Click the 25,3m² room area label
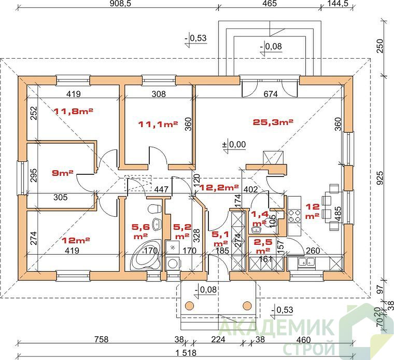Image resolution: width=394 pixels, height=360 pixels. (x=273, y=122)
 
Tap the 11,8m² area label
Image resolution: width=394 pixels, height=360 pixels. (x=74, y=111)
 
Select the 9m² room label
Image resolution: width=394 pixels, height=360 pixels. (x=63, y=173)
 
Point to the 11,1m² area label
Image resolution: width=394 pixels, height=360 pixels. (x=158, y=123)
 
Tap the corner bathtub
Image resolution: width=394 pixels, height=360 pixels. (x=146, y=254)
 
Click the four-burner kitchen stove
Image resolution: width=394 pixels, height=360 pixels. (x=294, y=216)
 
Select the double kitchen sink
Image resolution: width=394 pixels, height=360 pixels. (x=306, y=262)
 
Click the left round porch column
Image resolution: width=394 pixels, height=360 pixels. (x=189, y=306)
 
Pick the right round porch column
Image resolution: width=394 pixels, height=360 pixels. (x=247, y=306)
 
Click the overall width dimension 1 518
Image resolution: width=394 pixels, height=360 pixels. (x=186, y=352)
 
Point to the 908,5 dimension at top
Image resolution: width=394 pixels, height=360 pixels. (x=121, y=3)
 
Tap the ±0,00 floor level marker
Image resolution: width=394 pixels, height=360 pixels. (x=234, y=145)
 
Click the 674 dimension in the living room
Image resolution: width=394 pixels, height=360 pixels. (x=271, y=94)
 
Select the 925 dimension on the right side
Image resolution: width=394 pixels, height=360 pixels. (x=381, y=178)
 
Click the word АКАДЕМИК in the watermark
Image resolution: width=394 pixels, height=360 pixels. (x=277, y=326)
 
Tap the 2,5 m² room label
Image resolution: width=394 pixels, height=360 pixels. (x=263, y=246)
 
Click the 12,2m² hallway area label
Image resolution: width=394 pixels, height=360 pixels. (x=219, y=187)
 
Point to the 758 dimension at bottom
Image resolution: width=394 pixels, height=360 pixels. (x=101, y=339)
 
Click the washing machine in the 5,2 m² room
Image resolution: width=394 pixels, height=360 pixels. (x=173, y=264)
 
